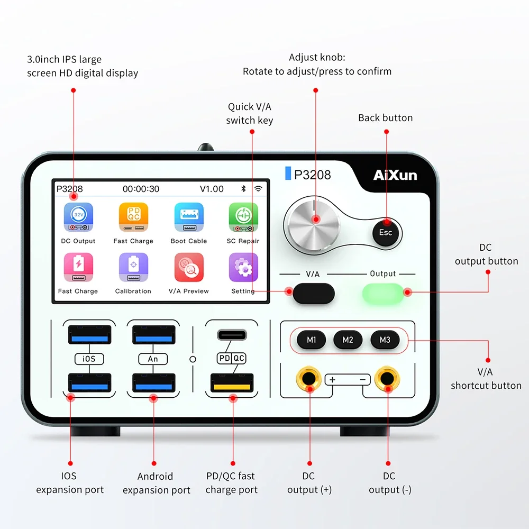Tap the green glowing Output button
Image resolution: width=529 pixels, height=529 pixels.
coord(383,293)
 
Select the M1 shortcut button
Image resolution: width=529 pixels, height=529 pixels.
coord(312,340)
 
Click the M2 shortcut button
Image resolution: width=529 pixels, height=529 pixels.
coord(348,340)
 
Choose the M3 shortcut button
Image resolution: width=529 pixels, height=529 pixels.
coord(385,340)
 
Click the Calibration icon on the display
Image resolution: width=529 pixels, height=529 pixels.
coord(134,267)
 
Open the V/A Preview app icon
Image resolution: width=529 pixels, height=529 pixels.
coord(189,267)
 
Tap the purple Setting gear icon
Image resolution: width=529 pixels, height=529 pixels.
coord(243,267)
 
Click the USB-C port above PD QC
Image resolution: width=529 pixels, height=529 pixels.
coord(232,335)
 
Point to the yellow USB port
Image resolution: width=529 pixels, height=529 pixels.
coord(232,383)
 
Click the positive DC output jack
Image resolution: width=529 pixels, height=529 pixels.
coord(309,379)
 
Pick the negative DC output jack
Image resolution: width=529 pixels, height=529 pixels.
coord(387,379)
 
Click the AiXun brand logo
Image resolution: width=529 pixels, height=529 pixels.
coord(395,175)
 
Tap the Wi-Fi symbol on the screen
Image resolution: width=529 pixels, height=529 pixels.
coord(258,189)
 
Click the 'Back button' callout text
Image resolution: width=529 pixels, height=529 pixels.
coord(385,118)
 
